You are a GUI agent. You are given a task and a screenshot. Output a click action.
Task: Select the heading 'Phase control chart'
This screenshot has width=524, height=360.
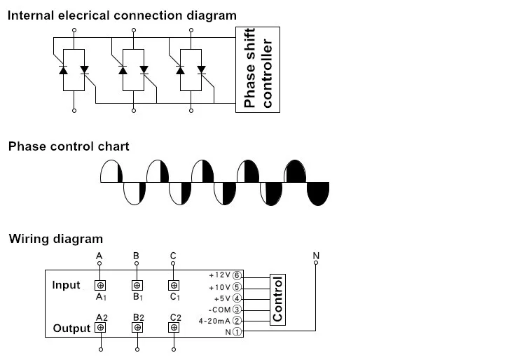coord(69,146)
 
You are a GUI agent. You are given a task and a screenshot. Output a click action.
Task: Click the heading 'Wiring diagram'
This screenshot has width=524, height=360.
coord(55,239)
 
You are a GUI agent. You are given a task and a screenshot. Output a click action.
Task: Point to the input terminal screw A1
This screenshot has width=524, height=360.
coord(101,285)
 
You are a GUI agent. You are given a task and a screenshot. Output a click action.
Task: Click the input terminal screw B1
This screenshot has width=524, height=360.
coord(137,285)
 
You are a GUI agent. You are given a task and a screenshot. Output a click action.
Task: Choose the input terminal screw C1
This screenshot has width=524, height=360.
coord(174,285)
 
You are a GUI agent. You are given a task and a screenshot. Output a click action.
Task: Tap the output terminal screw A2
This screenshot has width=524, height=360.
coord(101,328)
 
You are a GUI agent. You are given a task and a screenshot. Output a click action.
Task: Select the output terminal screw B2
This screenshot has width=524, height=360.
coord(137,328)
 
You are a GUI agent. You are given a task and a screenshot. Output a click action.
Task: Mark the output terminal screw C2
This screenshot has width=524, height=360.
coord(174,328)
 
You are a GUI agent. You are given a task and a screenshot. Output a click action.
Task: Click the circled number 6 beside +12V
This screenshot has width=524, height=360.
coord(237,276)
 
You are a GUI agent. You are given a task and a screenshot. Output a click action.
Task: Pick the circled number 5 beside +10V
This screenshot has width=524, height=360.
coord(237,287)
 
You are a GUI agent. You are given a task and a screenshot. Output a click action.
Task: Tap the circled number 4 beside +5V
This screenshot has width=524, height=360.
coord(237,298)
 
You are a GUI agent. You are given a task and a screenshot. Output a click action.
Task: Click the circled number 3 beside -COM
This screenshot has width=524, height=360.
coord(237,310)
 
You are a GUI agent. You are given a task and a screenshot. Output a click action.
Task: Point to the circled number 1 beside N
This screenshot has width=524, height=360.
coord(237,332)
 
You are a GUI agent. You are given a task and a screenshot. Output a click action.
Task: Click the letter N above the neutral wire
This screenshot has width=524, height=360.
coord(316,256)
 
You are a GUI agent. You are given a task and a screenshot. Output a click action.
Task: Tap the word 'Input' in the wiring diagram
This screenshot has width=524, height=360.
coord(67,285)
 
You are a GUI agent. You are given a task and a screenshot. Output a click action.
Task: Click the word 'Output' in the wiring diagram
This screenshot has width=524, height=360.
coord(71,328)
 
